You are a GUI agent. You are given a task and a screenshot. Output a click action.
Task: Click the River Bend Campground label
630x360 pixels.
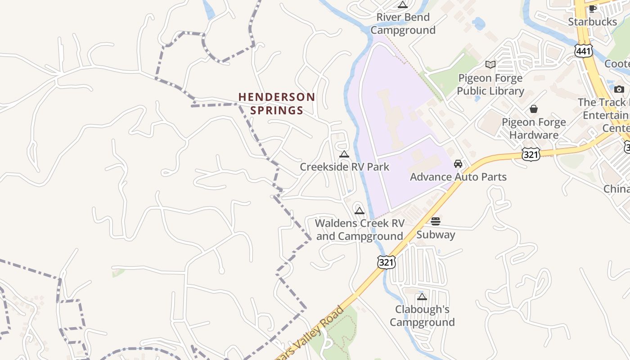(x=403, y=24)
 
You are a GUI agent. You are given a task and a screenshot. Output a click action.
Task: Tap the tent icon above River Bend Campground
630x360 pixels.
(x=403, y=5)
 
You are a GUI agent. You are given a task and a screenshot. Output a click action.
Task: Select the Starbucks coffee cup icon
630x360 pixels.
(x=593, y=9)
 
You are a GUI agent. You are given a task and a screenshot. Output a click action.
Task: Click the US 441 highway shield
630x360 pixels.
(x=583, y=51)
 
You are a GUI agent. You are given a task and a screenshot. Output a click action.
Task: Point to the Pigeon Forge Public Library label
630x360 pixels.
(x=490, y=85)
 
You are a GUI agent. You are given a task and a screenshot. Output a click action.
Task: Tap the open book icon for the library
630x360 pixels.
(x=490, y=65)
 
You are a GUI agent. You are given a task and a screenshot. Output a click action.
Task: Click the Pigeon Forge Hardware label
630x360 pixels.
(x=534, y=129)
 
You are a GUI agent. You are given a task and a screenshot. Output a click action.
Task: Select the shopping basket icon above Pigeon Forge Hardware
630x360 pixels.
(x=534, y=109)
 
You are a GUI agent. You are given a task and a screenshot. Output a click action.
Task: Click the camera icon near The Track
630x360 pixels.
(x=619, y=89)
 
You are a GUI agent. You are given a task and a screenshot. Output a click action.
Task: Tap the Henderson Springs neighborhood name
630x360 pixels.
(x=276, y=103)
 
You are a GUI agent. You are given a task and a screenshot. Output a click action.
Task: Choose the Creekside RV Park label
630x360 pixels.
(x=344, y=167)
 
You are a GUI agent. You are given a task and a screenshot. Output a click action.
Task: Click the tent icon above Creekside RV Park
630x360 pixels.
(x=344, y=154)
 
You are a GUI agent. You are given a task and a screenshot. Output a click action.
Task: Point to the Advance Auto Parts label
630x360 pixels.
(x=458, y=177)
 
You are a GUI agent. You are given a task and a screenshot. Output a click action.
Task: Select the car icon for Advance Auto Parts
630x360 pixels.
(x=458, y=164)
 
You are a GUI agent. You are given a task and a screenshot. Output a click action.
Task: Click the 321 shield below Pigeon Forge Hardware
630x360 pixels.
(x=531, y=154)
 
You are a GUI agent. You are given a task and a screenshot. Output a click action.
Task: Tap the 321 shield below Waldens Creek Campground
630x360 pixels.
(x=387, y=262)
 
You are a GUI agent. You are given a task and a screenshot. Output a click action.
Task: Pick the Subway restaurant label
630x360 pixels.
(x=436, y=234)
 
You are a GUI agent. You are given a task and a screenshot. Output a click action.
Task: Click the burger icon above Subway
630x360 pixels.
(x=436, y=221)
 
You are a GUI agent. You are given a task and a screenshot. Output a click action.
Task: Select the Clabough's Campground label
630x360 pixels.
(x=422, y=316)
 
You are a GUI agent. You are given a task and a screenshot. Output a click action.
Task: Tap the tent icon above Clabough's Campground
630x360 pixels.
(x=422, y=297)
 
